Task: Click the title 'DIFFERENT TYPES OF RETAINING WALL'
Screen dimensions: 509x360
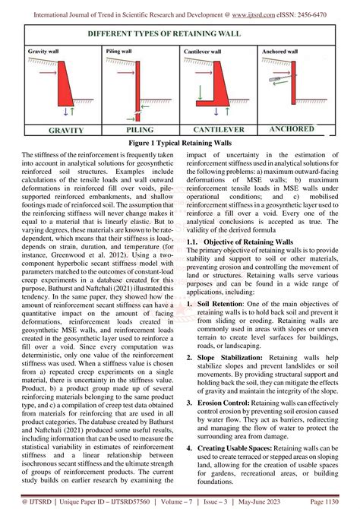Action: (180, 36)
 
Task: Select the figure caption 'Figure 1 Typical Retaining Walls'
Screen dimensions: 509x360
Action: (180, 143)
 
